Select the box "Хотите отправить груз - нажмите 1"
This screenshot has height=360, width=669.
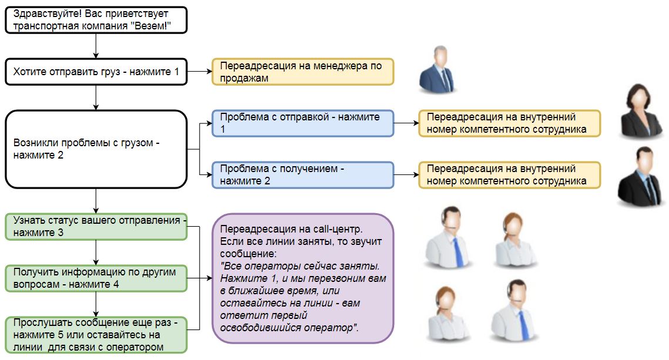coord(96,72)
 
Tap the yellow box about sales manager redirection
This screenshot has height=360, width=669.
coord(302,72)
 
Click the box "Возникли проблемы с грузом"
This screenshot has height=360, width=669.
coord(96,149)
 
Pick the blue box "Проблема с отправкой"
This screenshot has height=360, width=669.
coord(302,123)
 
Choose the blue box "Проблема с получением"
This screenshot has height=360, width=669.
coord(302,175)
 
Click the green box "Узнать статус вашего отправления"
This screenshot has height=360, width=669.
coord(96,227)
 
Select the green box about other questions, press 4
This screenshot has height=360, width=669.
coord(96,278)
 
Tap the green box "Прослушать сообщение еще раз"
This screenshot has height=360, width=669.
coord(96,335)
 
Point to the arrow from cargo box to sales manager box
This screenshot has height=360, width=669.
coord(199,72)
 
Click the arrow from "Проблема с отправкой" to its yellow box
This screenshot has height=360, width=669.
coord(405,123)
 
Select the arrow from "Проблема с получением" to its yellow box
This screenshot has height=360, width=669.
coord(405,175)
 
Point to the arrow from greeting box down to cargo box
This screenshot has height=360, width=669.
coord(96,46)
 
